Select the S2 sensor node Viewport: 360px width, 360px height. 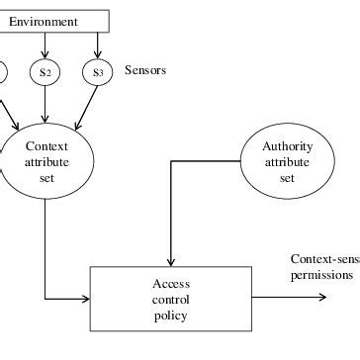coord(45,71)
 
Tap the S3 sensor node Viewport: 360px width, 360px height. coord(97,71)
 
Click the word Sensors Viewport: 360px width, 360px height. coord(145,70)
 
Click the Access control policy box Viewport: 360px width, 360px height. coord(171,298)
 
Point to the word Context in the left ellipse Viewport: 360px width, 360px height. coord(45,147)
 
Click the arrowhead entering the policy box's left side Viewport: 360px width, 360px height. coord(85,296)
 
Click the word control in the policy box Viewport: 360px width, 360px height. coord(171,299)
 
